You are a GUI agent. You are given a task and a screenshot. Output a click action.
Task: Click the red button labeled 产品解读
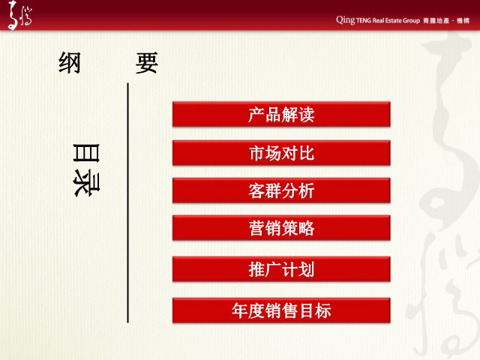tap(281, 114)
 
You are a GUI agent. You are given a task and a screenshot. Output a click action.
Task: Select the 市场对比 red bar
tap(281, 153)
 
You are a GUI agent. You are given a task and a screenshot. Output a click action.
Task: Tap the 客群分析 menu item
tap(281, 190)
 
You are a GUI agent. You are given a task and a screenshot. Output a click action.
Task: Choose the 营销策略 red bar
tap(281, 228)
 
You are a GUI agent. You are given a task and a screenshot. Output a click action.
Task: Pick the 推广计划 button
tap(281, 269)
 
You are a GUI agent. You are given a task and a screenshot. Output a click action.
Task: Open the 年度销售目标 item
tap(281, 310)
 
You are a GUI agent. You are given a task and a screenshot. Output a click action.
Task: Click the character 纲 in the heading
tap(70, 63)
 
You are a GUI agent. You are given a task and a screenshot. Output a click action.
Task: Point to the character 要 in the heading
tap(147, 63)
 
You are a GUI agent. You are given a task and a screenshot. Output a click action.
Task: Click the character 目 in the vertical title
tap(87, 152)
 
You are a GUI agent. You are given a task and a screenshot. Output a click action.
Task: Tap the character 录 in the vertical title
tap(87, 183)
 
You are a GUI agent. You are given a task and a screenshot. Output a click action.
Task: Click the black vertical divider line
tap(128, 202)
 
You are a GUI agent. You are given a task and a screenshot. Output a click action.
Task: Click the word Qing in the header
tap(346, 20)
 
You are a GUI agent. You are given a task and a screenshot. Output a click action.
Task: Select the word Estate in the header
tap(393, 20)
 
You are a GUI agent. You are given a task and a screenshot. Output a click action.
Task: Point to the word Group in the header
tap(411, 21)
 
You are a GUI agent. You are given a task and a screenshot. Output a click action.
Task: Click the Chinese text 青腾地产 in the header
tap(436, 21)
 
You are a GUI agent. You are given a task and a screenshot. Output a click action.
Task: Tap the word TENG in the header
tap(364, 21)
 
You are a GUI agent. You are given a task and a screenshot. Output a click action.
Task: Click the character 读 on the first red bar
tap(307, 115)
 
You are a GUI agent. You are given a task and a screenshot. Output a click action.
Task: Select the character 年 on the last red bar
tap(240, 310)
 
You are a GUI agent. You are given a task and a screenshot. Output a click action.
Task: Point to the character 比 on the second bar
tap(307, 153)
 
